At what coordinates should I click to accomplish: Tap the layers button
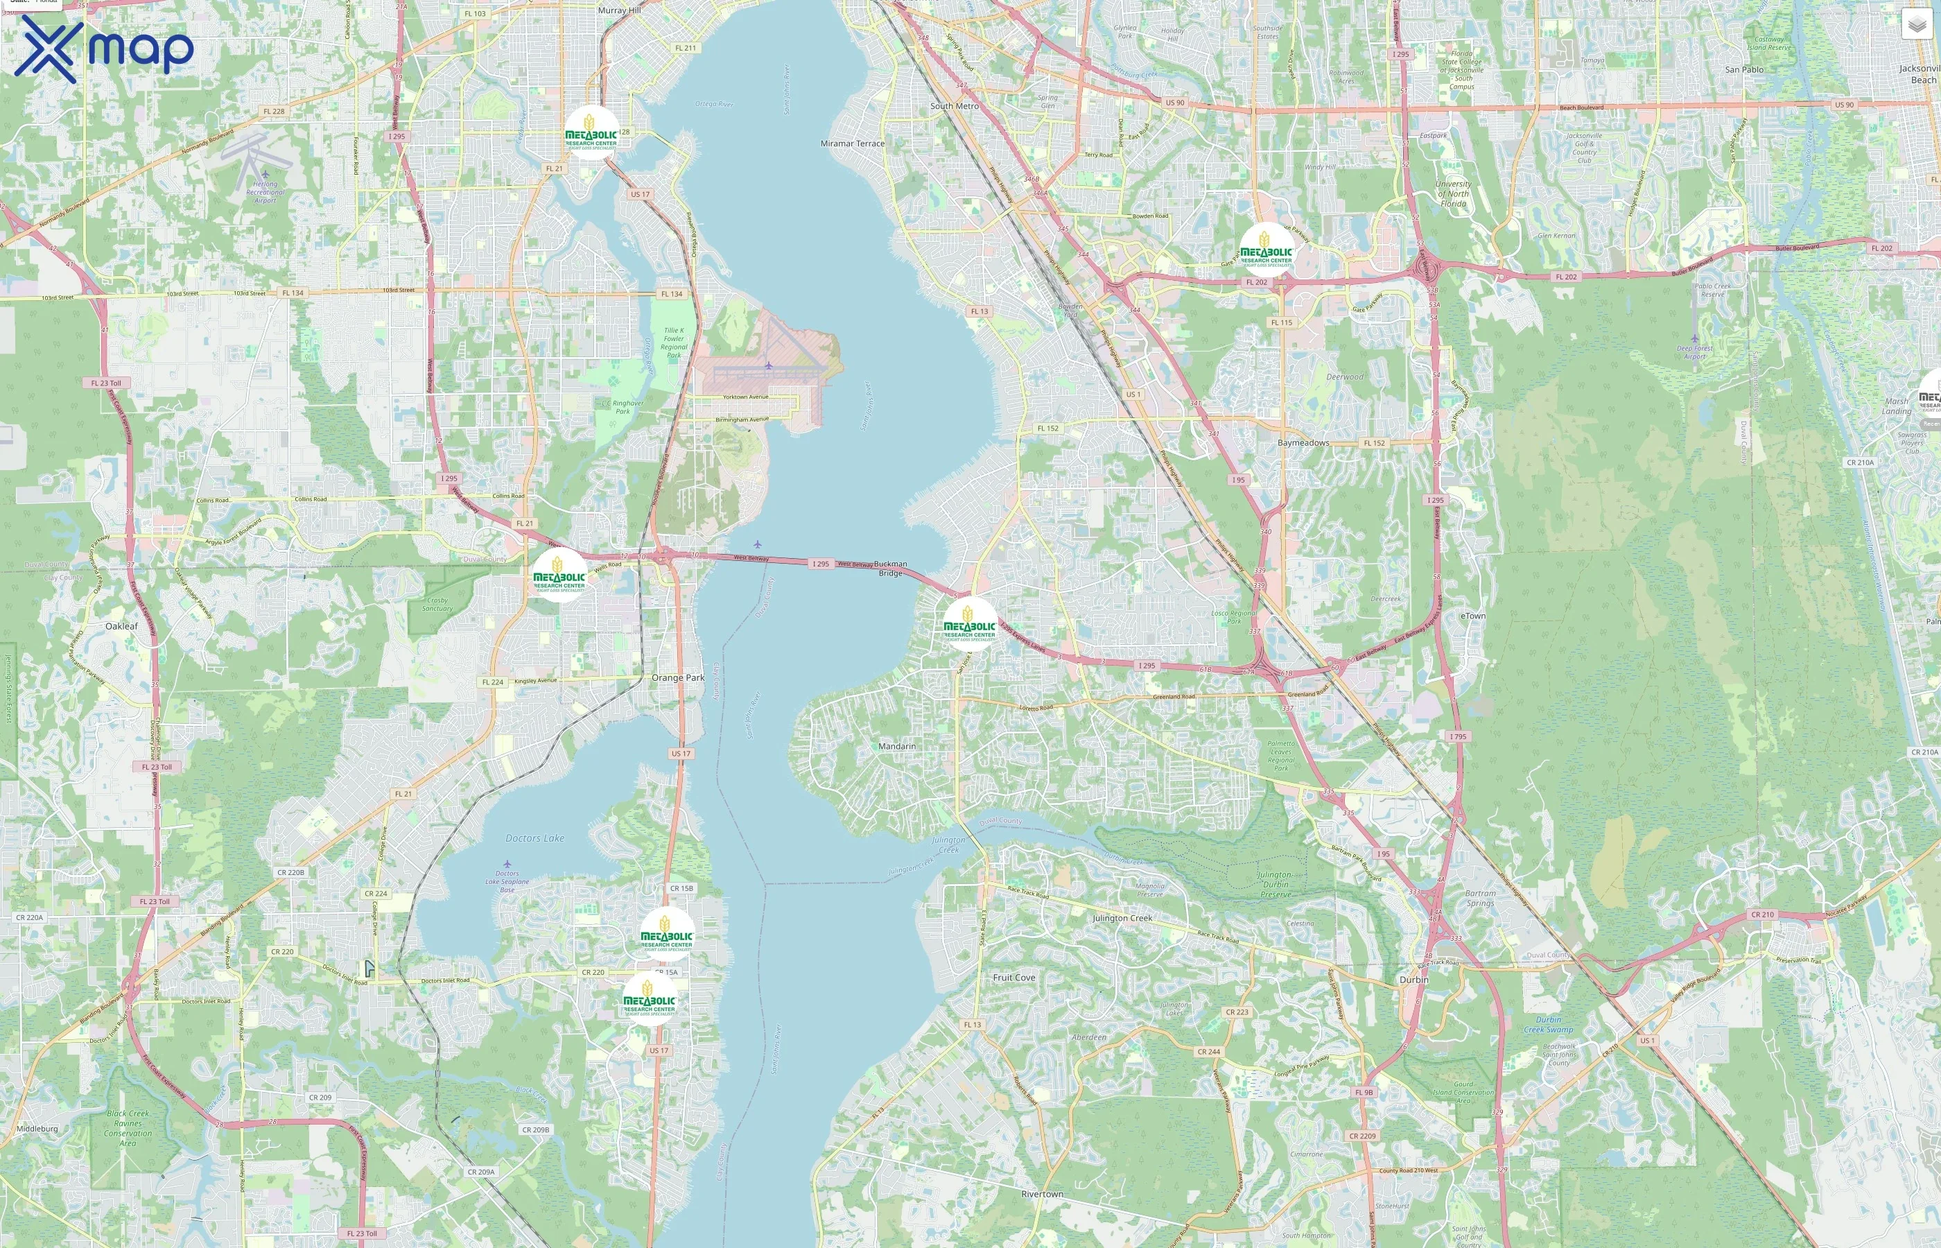coord(1916,24)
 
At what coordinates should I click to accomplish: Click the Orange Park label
coord(678,677)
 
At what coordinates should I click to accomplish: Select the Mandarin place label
coord(897,745)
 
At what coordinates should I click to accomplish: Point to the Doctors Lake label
coord(534,838)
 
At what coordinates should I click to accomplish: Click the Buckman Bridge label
coord(890,568)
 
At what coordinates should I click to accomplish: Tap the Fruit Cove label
coord(1013,978)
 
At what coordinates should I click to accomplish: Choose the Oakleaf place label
coord(121,625)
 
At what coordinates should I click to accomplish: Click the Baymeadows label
coord(1303,442)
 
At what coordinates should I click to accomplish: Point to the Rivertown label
coord(1042,1194)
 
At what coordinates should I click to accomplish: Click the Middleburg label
coord(37,1128)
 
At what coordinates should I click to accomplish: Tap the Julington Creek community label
coord(1122,918)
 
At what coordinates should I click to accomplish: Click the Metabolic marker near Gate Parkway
coord(1267,250)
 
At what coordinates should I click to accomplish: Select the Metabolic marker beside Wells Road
coord(559,576)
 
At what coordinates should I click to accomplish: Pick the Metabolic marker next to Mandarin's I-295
coord(970,625)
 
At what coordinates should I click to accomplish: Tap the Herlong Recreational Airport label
coord(265,191)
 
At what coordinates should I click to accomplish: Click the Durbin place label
coord(1413,979)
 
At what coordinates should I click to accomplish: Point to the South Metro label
coord(955,106)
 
